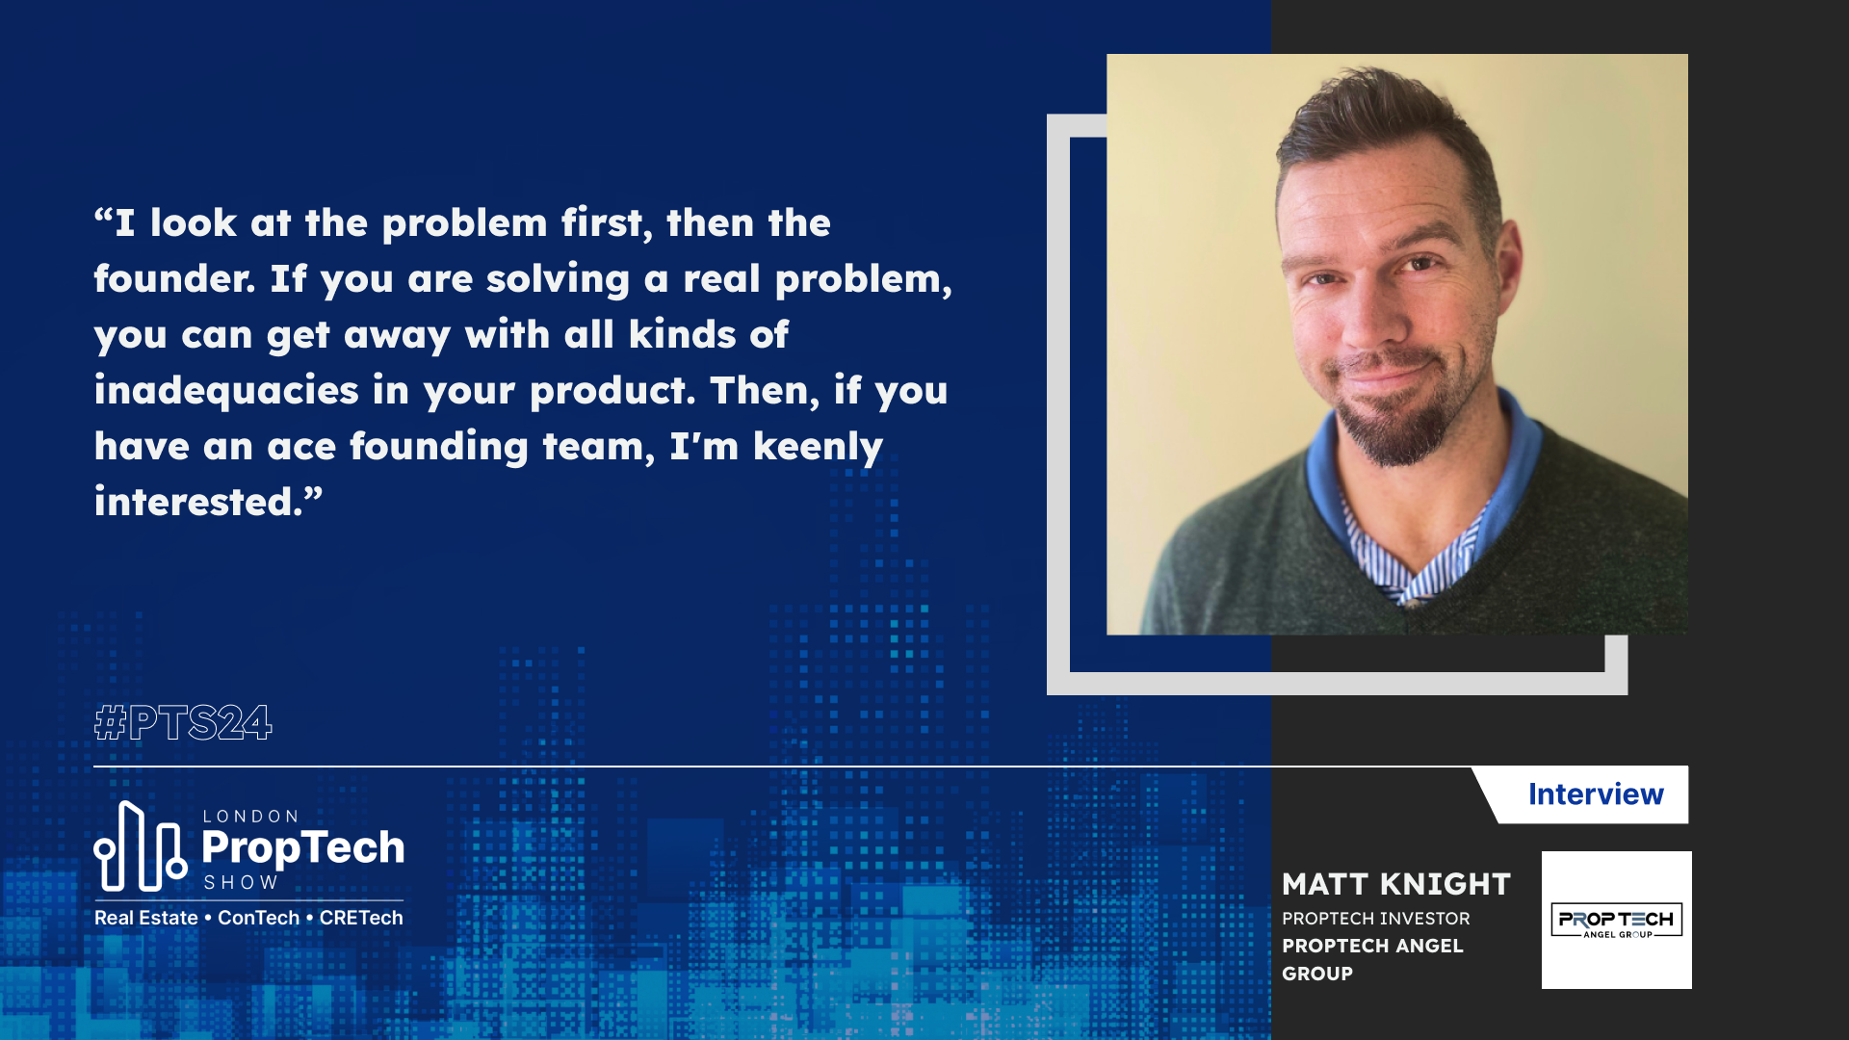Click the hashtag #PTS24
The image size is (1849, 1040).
point(183,722)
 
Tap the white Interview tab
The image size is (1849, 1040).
point(1594,794)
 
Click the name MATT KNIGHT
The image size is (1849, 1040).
point(1395,884)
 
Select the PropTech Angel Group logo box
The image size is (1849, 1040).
point(1616,920)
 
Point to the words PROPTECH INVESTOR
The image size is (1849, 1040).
point(1375,919)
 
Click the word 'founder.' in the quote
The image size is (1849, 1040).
point(174,279)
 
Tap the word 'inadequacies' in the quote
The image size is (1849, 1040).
point(226,391)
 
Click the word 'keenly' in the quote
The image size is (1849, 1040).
point(818,447)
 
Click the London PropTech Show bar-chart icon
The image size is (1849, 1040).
point(140,847)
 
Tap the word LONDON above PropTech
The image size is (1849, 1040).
point(250,817)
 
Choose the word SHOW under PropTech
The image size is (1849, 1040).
point(241,882)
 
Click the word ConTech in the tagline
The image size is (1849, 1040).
point(258,918)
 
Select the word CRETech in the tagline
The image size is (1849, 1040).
point(361,918)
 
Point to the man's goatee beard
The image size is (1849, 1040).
point(1392,429)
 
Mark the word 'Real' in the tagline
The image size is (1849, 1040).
point(114,918)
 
